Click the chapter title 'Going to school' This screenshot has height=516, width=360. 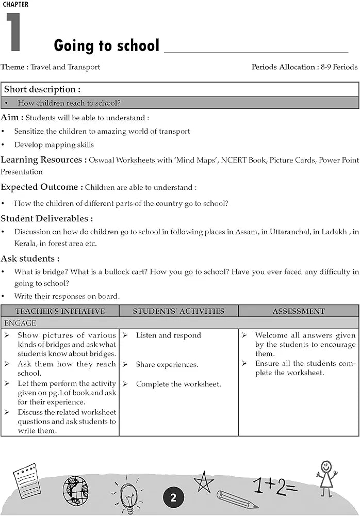pyautogui.click(x=106, y=45)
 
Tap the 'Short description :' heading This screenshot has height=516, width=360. pyautogui.click(x=42, y=89)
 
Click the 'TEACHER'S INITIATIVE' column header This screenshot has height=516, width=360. pyautogui.click(x=60, y=311)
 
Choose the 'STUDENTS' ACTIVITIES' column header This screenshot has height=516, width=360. pyautogui.click(x=178, y=311)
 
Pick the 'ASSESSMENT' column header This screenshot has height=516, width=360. pyautogui.click(x=299, y=311)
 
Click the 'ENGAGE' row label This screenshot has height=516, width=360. pyautogui.click(x=20, y=323)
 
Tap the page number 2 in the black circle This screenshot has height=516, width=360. pyautogui.click(x=173, y=497)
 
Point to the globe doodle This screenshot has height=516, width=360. pyautogui.click(x=75, y=490)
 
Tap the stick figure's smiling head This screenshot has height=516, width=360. pyautogui.click(x=326, y=466)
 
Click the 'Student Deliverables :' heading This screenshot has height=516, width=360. pyautogui.click(x=47, y=218)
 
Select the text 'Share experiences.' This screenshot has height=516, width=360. pyautogui.click(x=167, y=364)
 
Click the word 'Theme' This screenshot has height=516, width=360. pyautogui.click(x=12, y=67)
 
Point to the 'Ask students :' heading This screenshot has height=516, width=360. pyautogui.click(x=30, y=258)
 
